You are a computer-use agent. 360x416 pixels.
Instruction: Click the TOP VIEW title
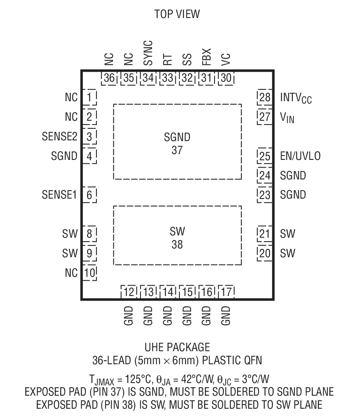(x=177, y=14)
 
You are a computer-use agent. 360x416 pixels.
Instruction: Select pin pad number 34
(x=148, y=78)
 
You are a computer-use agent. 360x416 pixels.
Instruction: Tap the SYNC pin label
(x=148, y=53)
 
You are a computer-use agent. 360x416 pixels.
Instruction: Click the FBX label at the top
(x=206, y=57)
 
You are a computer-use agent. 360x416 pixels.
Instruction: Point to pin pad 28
(x=265, y=97)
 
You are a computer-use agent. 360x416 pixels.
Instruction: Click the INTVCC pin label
(x=296, y=98)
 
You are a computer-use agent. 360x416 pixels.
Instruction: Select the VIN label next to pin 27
(x=287, y=118)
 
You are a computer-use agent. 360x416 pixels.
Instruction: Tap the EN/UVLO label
(x=300, y=156)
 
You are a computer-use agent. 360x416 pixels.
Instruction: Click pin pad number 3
(x=89, y=136)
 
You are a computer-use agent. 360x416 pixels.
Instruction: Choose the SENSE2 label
(x=60, y=136)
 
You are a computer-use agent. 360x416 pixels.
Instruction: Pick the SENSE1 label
(x=59, y=195)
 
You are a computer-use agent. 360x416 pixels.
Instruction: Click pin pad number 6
(x=89, y=195)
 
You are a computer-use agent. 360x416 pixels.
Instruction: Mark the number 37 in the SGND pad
(x=177, y=150)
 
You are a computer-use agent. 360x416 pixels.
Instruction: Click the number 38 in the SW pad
(x=177, y=244)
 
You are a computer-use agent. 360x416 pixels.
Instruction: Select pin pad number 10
(x=90, y=273)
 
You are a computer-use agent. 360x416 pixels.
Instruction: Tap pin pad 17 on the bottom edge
(x=226, y=292)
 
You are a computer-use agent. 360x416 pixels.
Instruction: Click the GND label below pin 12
(x=129, y=316)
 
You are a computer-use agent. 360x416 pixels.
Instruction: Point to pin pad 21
(x=265, y=234)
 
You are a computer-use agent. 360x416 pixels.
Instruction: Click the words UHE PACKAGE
(x=177, y=347)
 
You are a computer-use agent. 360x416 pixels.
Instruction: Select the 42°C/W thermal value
(x=197, y=380)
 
